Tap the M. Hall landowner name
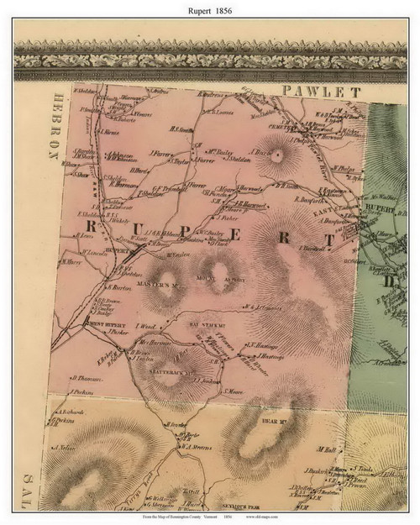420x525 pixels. coord(328,449)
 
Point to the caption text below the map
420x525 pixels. coord(209,517)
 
